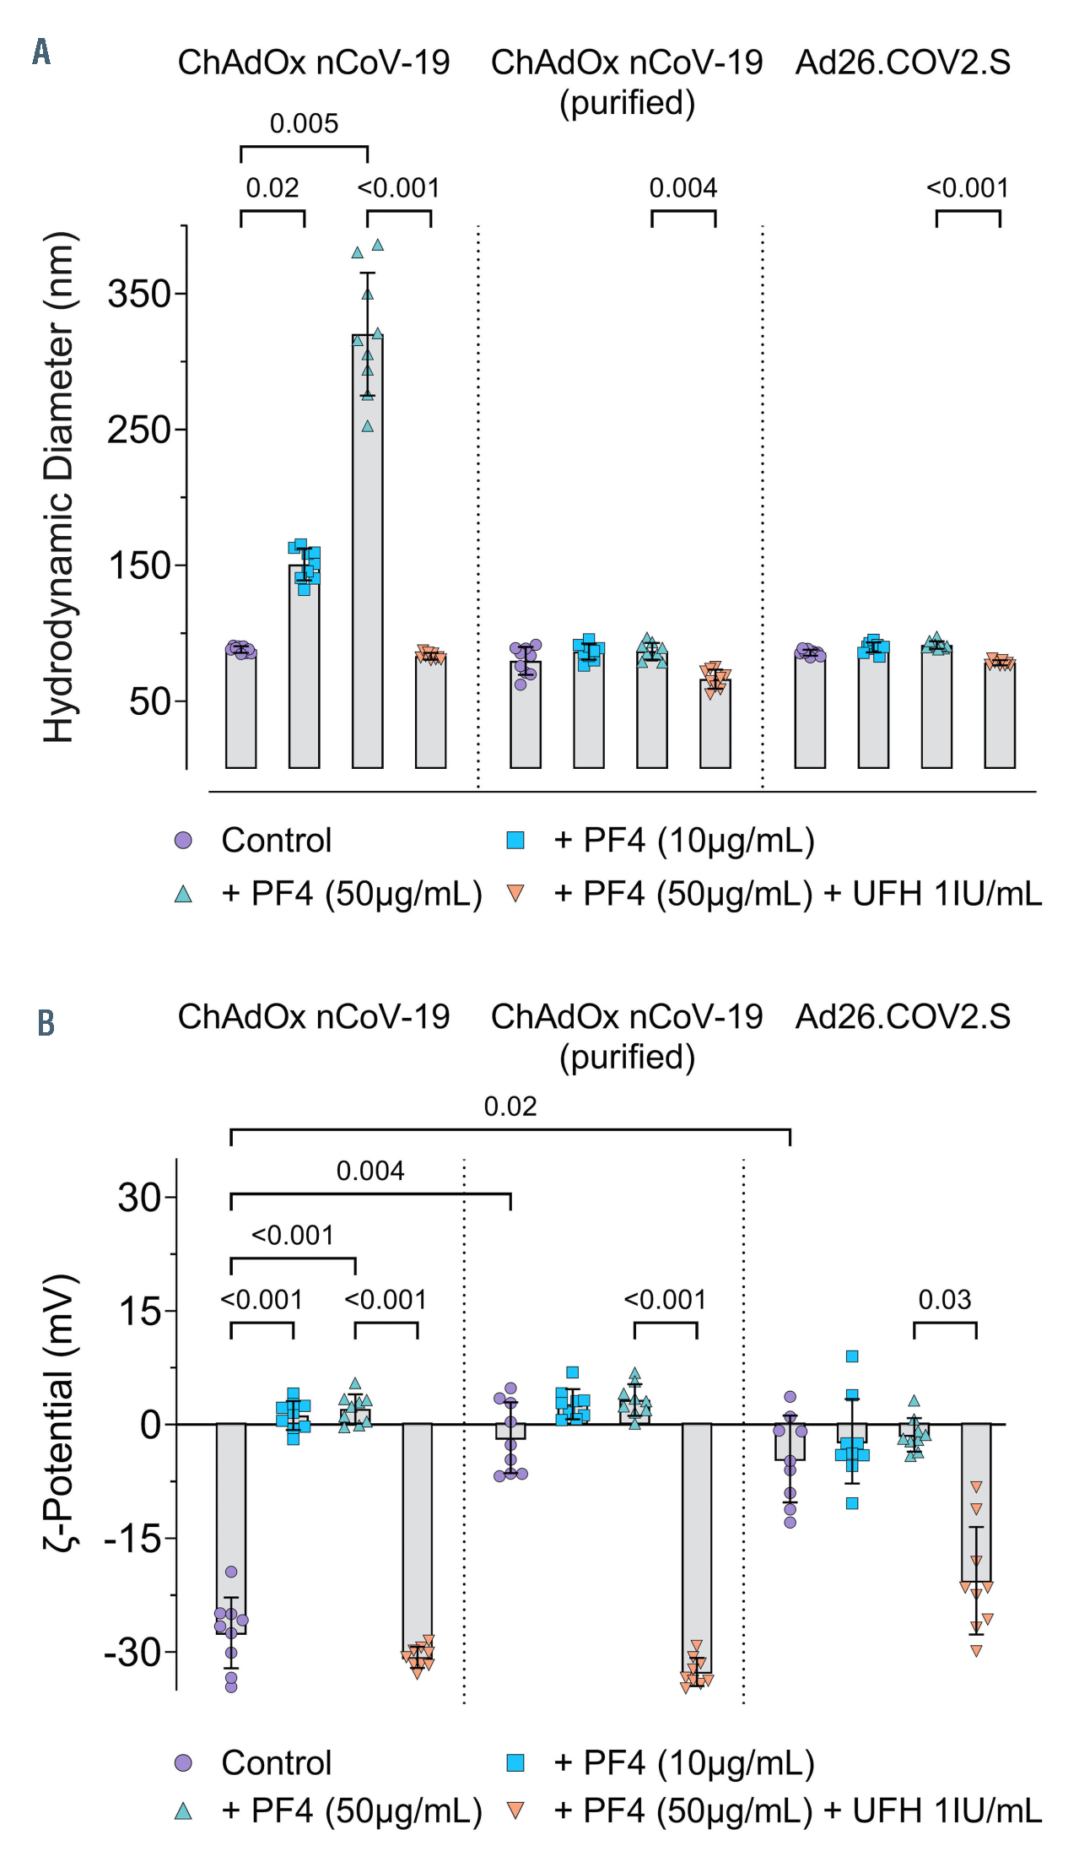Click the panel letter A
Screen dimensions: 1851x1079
41,52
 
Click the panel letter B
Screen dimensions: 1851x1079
46,1023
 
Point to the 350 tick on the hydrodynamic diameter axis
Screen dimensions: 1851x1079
140,295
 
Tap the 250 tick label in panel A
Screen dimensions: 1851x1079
140,430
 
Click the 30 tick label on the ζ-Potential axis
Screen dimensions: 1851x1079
140,1197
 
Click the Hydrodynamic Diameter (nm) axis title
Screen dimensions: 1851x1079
59,487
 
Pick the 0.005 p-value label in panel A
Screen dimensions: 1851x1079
304,124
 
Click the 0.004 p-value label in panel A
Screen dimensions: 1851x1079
682,188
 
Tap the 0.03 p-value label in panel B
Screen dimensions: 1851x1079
944,1300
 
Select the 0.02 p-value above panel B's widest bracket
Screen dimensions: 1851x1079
510,1107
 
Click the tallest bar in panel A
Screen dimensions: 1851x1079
367,549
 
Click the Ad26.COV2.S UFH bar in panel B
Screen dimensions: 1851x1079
976,1502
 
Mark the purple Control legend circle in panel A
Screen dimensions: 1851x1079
183,841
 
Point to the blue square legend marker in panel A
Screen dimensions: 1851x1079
515,841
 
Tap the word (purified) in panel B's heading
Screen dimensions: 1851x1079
627,1057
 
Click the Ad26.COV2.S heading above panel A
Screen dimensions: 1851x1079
903,62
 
